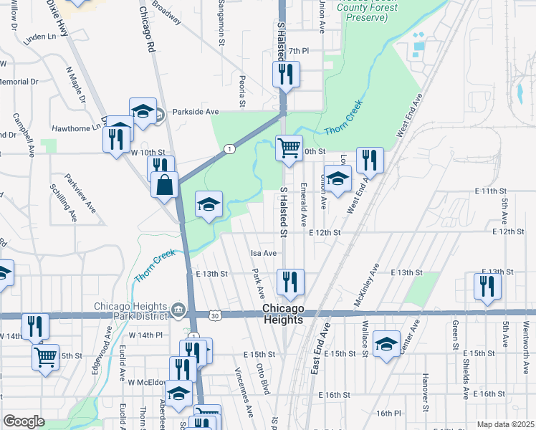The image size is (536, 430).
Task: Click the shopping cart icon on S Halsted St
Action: (x=289, y=148)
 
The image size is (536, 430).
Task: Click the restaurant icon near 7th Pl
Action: (x=285, y=73)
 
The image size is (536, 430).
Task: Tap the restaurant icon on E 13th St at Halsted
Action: (x=290, y=282)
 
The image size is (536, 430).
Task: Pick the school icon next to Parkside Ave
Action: (x=143, y=111)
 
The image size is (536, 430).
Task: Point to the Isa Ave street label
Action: (x=263, y=253)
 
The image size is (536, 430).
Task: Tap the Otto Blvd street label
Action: (x=264, y=378)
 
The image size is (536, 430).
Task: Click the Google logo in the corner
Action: (x=24, y=421)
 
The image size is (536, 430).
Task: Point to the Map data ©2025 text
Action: (x=504, y=424)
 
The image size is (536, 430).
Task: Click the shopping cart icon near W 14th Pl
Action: (x=46, y=355)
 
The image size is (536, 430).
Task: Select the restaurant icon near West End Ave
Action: (x=370, y=161)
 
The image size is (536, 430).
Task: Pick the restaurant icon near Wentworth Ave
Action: (x=487, y=286)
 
